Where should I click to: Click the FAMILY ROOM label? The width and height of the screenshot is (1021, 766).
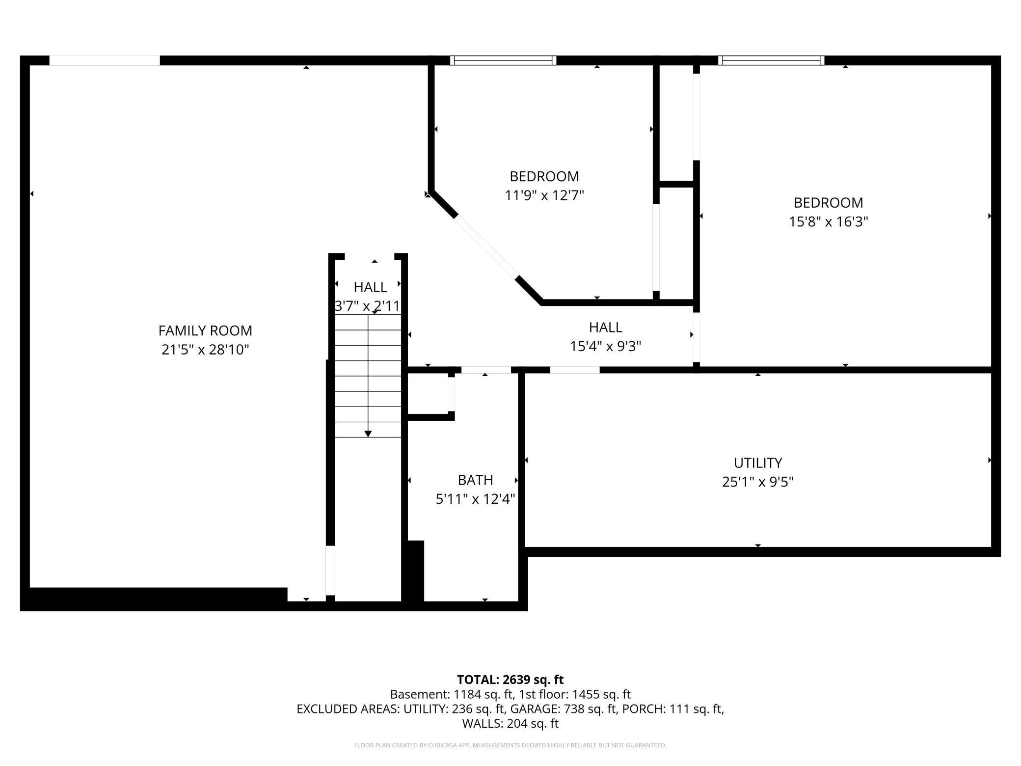pyautogui.click(x=205, y=330)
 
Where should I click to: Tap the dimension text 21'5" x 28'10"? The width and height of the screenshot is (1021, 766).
pyautogui.click(x=205, y=350)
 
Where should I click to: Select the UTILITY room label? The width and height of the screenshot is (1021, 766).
pyautogui.click(x=758, y=463)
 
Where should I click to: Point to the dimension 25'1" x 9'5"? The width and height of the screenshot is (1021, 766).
pyautogui.click(x=758, y=482)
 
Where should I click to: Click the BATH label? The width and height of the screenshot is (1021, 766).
pyautogui.click(x=475, y=480)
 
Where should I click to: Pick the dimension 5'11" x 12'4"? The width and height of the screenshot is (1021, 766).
pyautogui.click(x=475, y=499)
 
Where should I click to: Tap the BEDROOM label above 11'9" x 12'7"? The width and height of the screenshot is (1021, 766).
pyautogui.click(x=544, y=176)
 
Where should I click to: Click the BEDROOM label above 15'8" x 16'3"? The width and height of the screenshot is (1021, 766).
pyautogui.click(x=829, y=203)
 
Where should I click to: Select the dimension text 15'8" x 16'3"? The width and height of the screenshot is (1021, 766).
pyautogui.click(x=829, y=222)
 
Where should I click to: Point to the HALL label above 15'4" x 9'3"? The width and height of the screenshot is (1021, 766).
pyautogui.click(x=606, y=328)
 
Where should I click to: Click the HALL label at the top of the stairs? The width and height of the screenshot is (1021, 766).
pyautogui.click(x=371, y=287)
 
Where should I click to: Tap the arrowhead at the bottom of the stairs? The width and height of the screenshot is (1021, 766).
pyautogui.click(x=368, y=434)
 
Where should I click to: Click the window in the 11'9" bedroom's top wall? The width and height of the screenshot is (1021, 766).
pyautogui.click(x=503, y=60)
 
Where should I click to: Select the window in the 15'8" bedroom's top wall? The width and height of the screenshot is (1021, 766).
pyautogui.click(x=771, y=60)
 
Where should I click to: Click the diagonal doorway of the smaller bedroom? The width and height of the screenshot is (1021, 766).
pyautogui.click(x=486, y=246)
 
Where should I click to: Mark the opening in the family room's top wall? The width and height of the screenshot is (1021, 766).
pyautogui.click(x=105, y=60)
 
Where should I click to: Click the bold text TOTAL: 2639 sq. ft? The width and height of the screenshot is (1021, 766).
pyautogui.click(x=510, y=680)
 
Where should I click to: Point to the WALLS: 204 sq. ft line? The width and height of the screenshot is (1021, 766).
pyautogui.click(x=510, y=723)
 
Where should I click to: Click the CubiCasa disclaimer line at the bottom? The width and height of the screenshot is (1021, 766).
pyautogui.click(x=510, y=745)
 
